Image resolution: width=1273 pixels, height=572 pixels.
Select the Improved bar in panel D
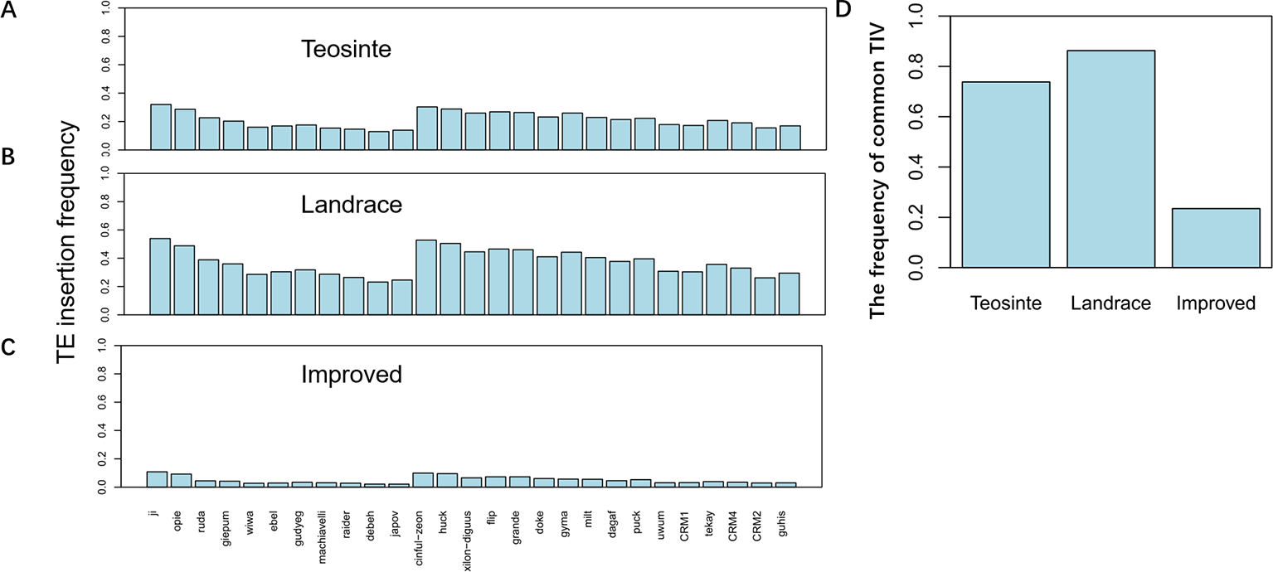(1216, 238)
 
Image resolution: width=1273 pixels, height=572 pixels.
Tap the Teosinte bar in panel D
(1004, 175)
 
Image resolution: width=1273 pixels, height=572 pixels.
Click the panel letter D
(843, 10)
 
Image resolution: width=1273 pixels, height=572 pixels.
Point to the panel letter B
(8, 158)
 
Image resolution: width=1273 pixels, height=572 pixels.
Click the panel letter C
(8, 347)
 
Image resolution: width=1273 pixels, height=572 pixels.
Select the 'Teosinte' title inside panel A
(346, 50)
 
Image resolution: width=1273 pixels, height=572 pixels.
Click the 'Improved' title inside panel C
(352, 375)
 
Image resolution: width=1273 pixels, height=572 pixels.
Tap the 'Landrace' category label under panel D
(1110, 303)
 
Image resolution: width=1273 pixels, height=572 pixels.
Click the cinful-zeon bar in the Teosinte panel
(426, 128)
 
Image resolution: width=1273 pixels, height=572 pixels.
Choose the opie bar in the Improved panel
(181, 481)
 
